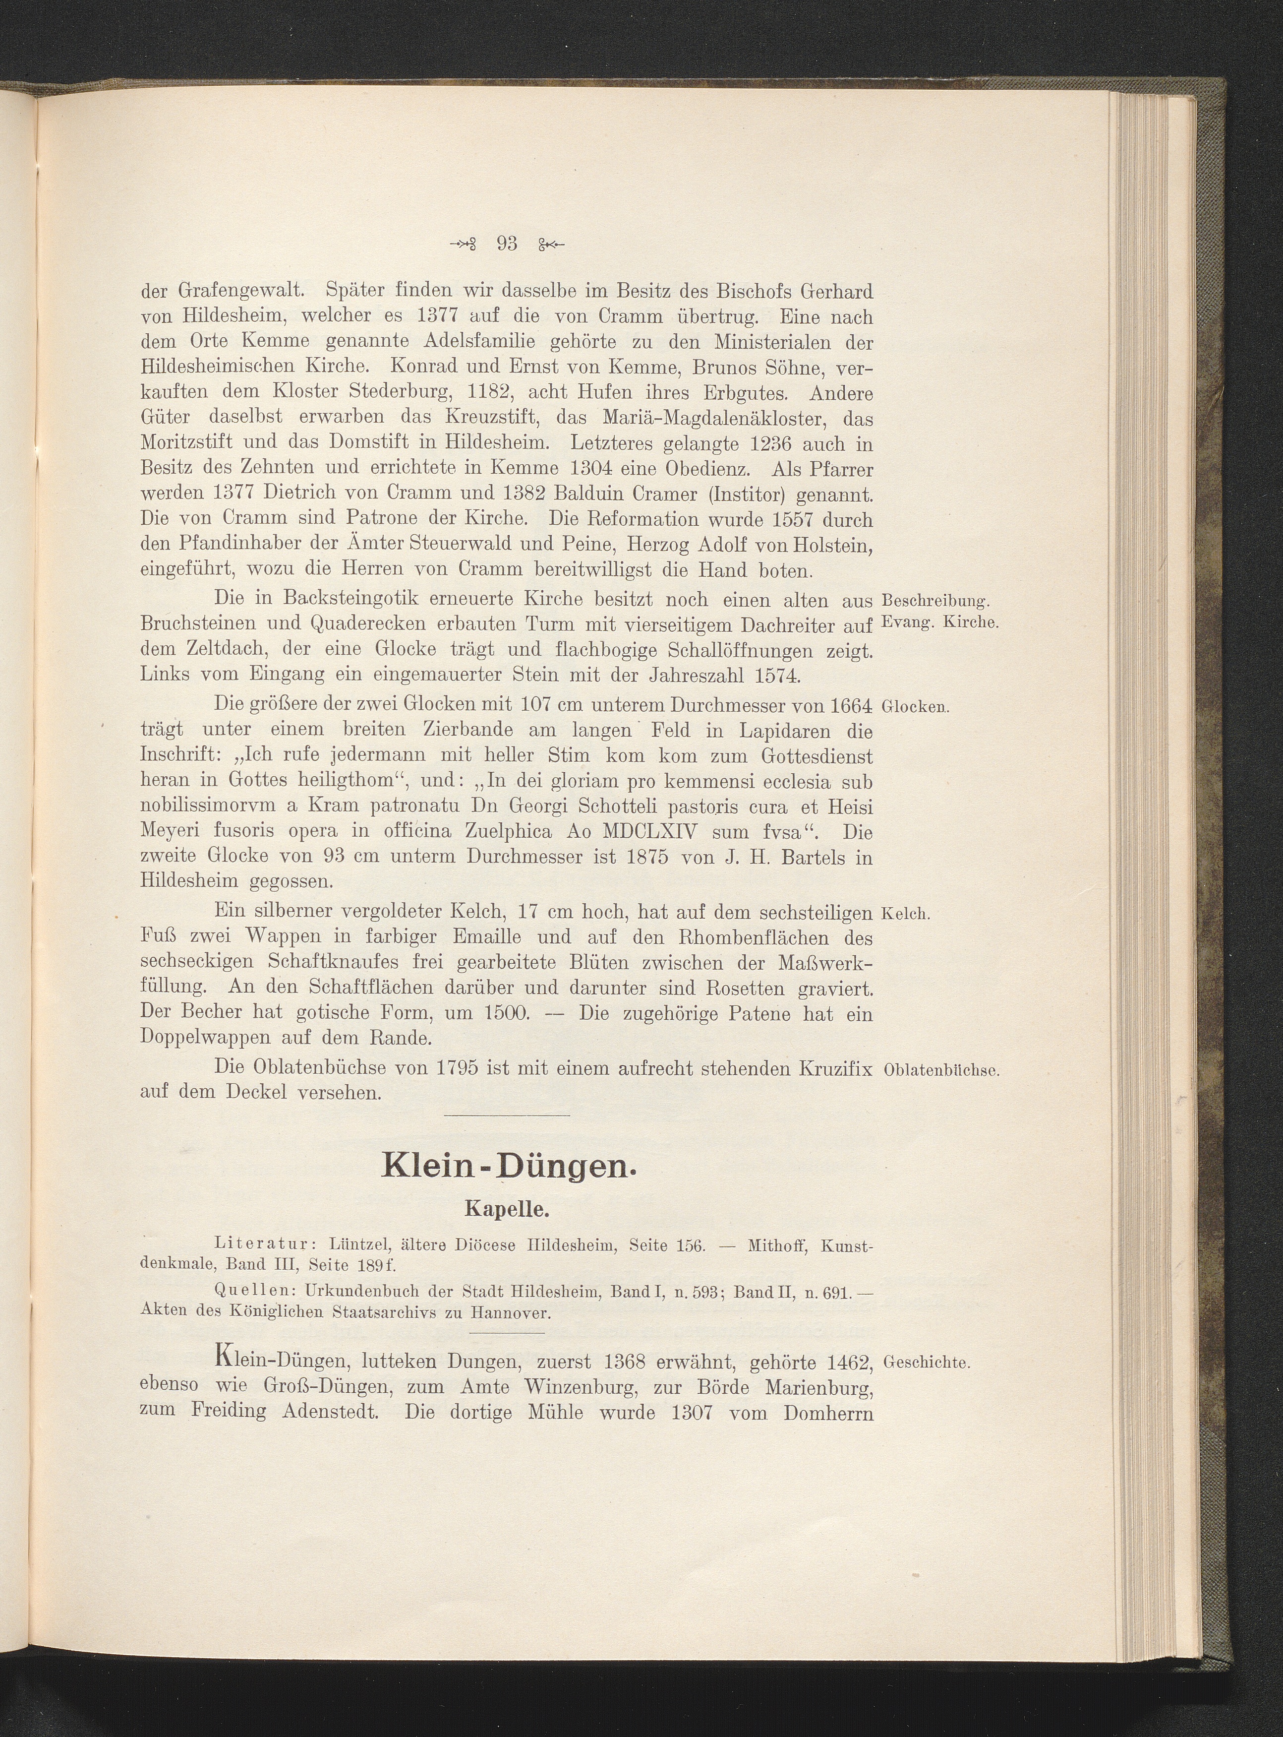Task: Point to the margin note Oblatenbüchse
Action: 940,1070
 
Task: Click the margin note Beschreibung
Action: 934,601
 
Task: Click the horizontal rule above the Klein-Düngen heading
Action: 508,1117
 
